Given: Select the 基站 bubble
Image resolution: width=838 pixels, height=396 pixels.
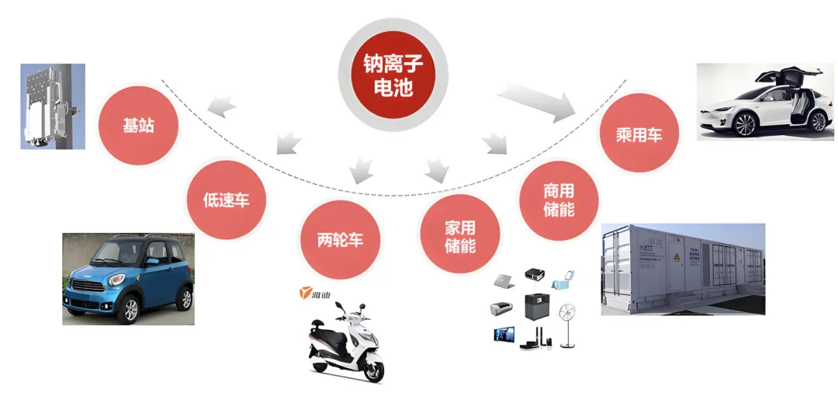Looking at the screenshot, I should (138, 125).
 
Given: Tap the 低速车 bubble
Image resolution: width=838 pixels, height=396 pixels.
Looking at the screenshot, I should (227, 199).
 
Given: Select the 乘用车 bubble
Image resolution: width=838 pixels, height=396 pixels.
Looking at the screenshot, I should (639, 134).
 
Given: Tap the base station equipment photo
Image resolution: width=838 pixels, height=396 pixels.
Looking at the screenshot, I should (52, 106).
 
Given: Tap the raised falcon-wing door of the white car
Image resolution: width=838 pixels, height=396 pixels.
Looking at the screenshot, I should (776, 78).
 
